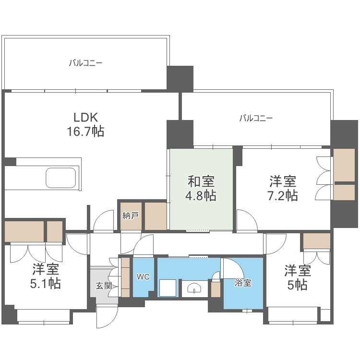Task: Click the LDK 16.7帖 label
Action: pyautogui.click(x=85, y=124)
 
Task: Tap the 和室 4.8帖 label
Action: pyautogui.click(x=201, y=188)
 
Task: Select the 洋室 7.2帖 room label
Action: pyautogui.click(x=283, y=188)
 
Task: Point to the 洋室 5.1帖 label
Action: pyautogui.click(x=46, y=276)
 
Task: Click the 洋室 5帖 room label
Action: pyautogui.click(x=298, y=277)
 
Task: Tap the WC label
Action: pyautogui.click(x=143, y=277)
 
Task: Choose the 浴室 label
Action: pyautogui.click(x=243, y=283)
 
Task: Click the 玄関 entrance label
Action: pyautogui.click(x=104, y=286)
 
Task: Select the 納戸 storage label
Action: pyautogui.click(x=130, y=216)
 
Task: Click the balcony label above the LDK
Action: pyautogui.click(x=85, y=63)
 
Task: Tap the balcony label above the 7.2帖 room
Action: pyautogui.click(x=256, y=118)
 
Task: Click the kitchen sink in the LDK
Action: pyautogui.click(x=60, y=178)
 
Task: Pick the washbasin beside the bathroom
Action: pyautogui.click(x=194, y=288)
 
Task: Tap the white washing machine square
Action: pyautogui.click(x=168, y=288)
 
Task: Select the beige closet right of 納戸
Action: pyautogui.click(x=156, y=216)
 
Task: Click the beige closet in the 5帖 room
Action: pyautogui.click(x=317, y=241)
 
